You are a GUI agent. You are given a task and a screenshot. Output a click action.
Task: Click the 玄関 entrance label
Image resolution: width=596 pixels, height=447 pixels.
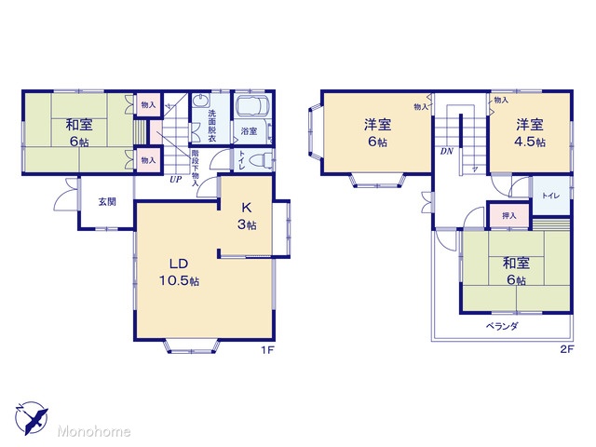(x=107, y=202)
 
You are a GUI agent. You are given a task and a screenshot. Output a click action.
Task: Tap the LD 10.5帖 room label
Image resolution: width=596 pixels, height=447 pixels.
(x=179, y=272)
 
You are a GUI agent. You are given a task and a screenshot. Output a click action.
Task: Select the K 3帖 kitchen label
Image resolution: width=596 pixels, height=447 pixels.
(x=247, y=216)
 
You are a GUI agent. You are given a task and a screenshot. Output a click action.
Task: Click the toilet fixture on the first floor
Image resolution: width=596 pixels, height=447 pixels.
(x=263, y=160)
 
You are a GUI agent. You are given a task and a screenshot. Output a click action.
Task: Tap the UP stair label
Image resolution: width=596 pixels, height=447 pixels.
(x=176, y=179)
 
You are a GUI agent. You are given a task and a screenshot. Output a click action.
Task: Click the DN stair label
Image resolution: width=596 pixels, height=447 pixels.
(x=447, y=151)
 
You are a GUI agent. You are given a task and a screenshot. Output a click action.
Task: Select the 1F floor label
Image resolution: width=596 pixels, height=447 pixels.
(x=267, y=350)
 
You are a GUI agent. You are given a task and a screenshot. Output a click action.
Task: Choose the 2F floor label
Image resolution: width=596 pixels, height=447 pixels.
(x=567, y=349)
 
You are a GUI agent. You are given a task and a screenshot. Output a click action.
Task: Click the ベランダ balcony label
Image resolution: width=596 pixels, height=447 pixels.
(x=502, y=326)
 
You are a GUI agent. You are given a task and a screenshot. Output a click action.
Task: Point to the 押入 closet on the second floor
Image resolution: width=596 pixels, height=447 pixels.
(x=509, y=216)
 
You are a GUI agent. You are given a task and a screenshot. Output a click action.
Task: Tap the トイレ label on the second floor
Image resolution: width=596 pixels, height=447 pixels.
(x=550, y=196)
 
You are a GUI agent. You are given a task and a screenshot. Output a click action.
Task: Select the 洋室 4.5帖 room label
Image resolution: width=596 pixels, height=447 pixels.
(x=530, y=132)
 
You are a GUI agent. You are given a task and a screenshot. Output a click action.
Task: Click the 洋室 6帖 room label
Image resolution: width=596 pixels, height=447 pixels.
(x=377, y=132)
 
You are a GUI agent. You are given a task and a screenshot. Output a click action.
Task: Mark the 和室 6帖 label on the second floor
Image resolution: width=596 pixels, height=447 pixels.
(x=516, y=271)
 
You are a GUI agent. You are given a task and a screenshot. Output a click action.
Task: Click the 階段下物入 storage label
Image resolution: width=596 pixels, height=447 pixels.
(x=195, y=168)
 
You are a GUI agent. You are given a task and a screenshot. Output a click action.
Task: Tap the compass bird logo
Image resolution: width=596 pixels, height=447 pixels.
(x=32, y=417)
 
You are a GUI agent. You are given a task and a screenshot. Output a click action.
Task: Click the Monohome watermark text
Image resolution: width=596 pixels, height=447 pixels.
(x=94, y=431)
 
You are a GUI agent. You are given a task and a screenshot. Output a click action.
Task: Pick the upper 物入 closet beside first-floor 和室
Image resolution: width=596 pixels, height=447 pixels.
(x=148, y=104)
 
